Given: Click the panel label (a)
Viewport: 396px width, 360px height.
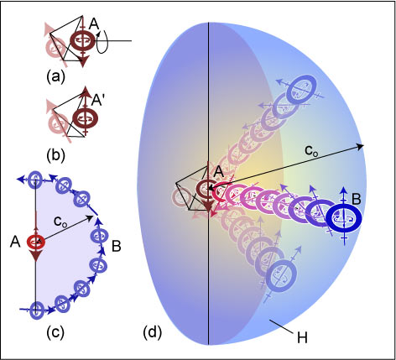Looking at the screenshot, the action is [55, 76].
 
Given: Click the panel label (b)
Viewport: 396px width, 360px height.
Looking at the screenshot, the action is [55, 155].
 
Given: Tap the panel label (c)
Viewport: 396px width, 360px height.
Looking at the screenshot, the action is [55, 331].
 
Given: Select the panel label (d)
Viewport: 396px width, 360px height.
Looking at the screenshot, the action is [153, 333].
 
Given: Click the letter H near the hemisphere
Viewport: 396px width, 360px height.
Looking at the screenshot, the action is [302, 337].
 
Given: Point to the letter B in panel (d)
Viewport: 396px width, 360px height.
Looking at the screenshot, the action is [356, 200].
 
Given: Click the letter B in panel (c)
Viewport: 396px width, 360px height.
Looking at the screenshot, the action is [117, 247].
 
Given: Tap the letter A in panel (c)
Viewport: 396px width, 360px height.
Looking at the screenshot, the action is [15, 243].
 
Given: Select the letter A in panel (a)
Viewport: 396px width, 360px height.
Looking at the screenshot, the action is [94, 24].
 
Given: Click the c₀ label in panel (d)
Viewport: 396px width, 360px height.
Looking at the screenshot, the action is [311, 151].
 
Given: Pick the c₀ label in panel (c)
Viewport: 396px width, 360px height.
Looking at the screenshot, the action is [60, 222].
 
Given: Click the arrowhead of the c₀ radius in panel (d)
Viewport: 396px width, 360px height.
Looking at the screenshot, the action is [361, 146].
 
